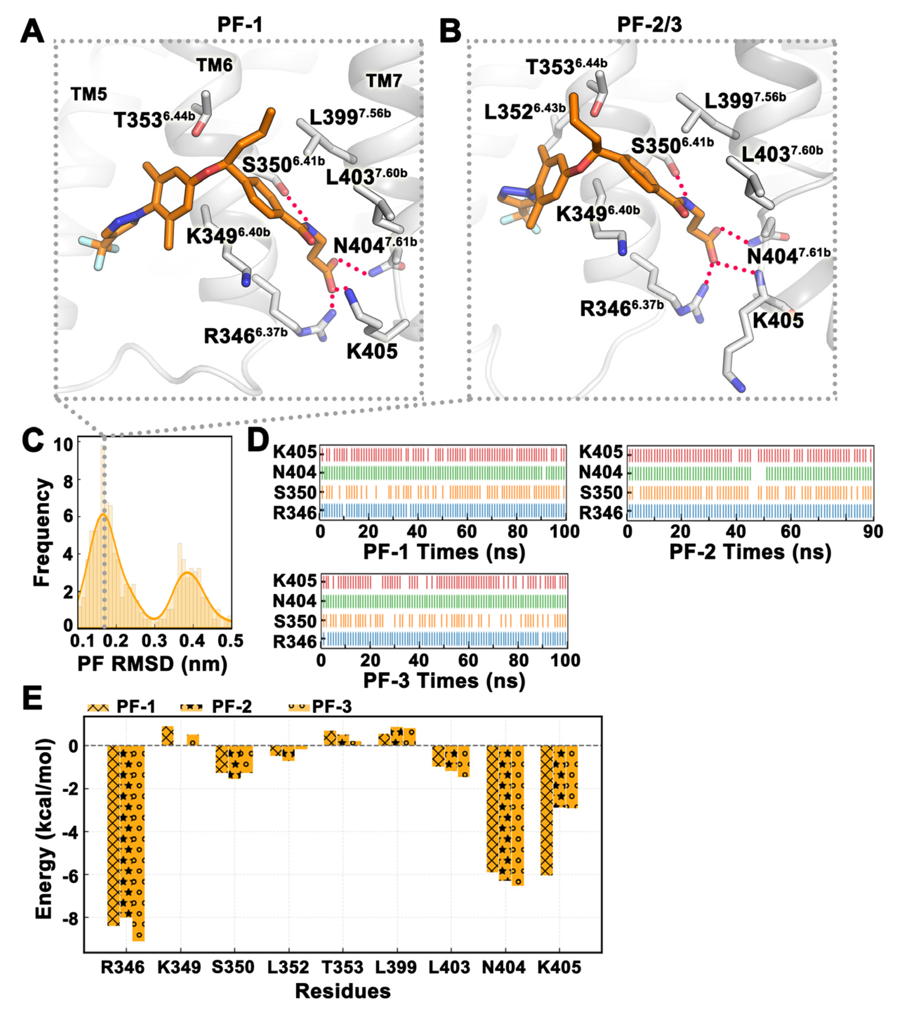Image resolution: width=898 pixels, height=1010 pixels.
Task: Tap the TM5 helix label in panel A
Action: click(88, 94)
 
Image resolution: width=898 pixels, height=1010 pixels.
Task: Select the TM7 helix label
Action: click(383, 80)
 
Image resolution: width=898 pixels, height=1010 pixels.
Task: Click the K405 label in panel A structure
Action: click(372, 351)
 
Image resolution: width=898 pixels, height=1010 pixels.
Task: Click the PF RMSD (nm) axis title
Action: click(152, 664)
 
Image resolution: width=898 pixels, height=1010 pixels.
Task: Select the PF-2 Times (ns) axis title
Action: click(750, 552)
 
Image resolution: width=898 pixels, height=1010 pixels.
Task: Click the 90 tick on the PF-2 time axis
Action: click(872, 532)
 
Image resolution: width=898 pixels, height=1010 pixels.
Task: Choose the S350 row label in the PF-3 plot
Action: click(295, 621)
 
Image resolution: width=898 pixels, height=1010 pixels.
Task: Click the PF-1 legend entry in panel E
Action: click(121, 707)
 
